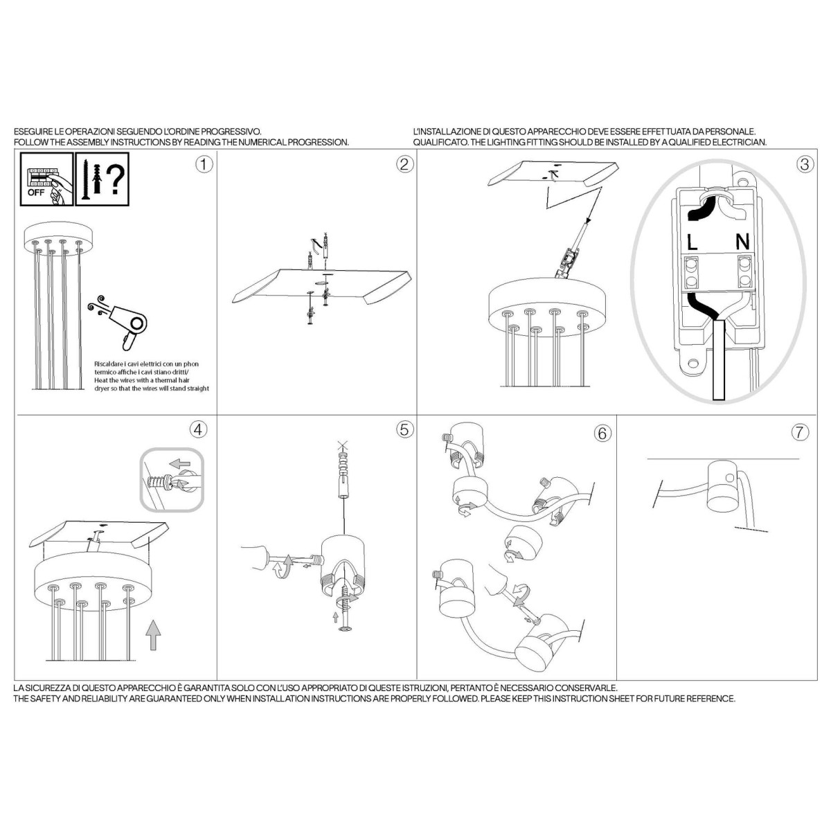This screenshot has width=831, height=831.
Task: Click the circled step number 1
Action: pyautogui.click(x=204, y=164)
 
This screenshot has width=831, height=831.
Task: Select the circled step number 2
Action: pyautogui.click(x=404, y=164)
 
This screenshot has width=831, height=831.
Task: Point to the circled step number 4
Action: pyautogui.click(x=198, y=429)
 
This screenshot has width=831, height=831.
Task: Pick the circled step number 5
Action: pyautogui.click(x=404, y=429)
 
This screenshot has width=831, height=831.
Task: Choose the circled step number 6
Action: pyautogui.click(x=602, y=433)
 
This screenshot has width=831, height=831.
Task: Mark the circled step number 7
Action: pyautogui.click(x=801, y=431)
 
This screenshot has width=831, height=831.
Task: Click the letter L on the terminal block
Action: pyautogui.click(x=692, y=242)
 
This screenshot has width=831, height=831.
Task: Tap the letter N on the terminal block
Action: pyautogui.click(x=742, y=242)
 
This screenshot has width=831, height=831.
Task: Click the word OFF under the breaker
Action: pyautogui.click(x=36, y=193)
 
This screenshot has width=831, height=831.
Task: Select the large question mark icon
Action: pyautogui.click(x=116, y=180)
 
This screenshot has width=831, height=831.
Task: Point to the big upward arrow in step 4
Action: pyautogui.click(x=153, y=635)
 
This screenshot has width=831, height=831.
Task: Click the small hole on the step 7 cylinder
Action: pyautogui.click(x=730, y=477)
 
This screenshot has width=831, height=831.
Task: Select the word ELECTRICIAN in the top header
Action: pyautogui.click(x=740, y=142)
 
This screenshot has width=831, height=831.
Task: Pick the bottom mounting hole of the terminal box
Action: pyautogui.click(x=693, y=363)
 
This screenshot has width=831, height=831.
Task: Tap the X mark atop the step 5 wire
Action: pyautogui.click(x=342, y=444)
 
